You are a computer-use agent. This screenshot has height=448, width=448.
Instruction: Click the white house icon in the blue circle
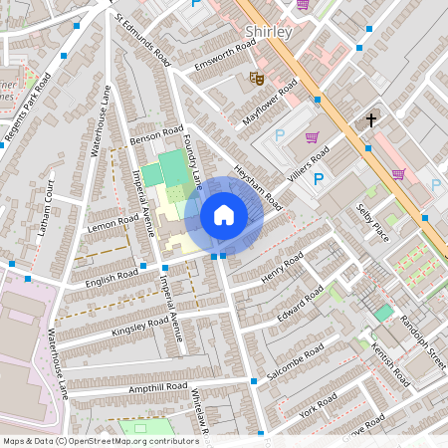224,215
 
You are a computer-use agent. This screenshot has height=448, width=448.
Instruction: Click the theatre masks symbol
256,76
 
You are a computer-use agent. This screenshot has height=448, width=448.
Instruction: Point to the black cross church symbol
370,119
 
